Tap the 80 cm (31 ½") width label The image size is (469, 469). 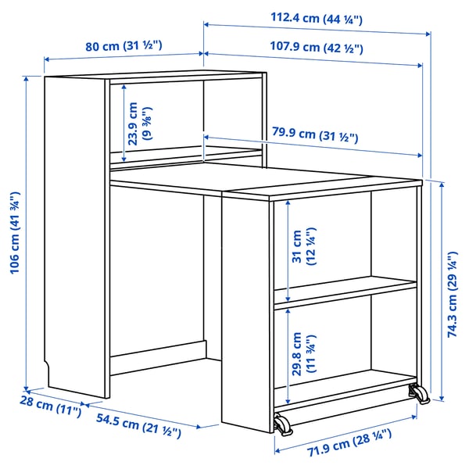pyautogui.click(x=124, y=45)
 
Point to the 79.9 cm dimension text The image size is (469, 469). pyautogui.click(x=315, y=138)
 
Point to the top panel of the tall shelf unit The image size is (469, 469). pyautogui.click(x=152, y=76)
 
